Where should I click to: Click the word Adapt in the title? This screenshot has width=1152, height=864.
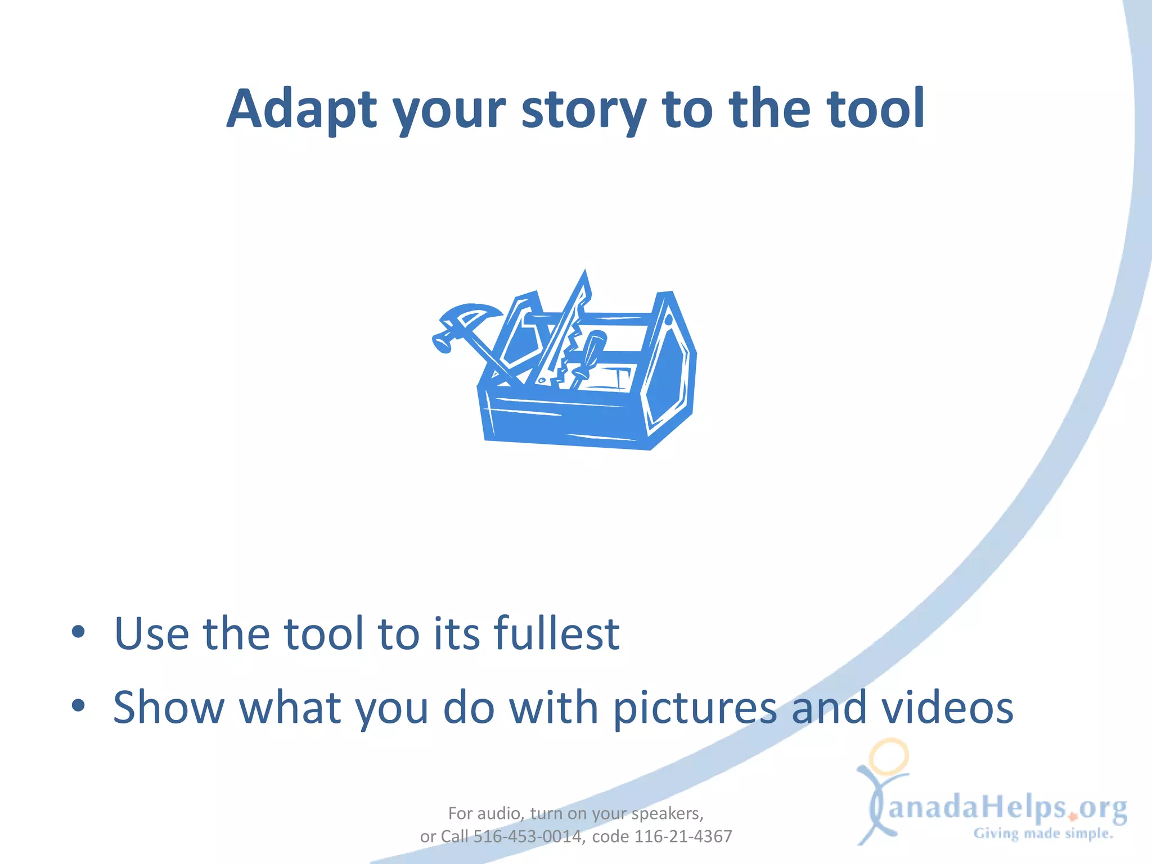tap(301, 109)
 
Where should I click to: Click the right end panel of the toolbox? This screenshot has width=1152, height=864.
tap(669, 371)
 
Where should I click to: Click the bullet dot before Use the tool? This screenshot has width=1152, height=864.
tap(78, 632)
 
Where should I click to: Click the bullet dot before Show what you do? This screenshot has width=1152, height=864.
tap(78, 705)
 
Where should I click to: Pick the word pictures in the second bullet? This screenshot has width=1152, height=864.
tap(694, 708)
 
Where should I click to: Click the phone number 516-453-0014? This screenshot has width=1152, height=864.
tap(527, 836)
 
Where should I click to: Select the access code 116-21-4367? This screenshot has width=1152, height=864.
tap(683, 836)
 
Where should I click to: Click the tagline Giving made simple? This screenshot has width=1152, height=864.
tap(1043, 834)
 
